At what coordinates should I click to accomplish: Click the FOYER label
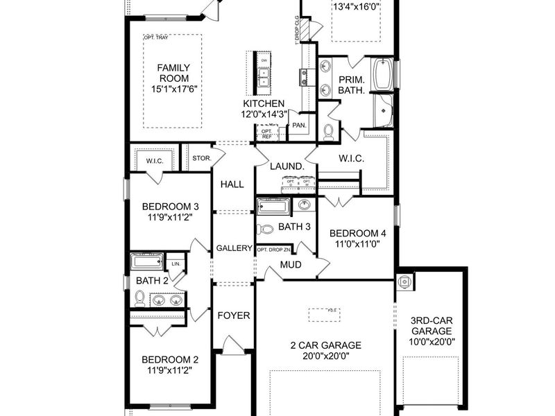coord(234,315)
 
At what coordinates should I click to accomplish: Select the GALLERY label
coord(234,248)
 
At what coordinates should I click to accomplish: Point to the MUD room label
coord(290,264)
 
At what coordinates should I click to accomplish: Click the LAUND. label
coord(287,166)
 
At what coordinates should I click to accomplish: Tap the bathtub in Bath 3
coord(274,207)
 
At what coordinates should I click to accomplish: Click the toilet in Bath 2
coord(139,299)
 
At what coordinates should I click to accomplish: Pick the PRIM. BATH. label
coord(352,85)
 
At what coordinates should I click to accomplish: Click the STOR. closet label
coord(201,157)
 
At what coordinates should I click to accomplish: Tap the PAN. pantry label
coord(299,125)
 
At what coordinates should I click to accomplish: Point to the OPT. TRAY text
coord(157,37)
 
